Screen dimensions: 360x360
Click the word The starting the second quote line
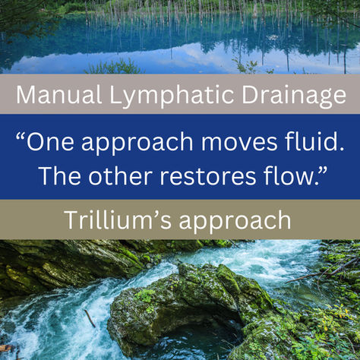click(60, 175)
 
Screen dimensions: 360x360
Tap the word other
click(125, 175)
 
